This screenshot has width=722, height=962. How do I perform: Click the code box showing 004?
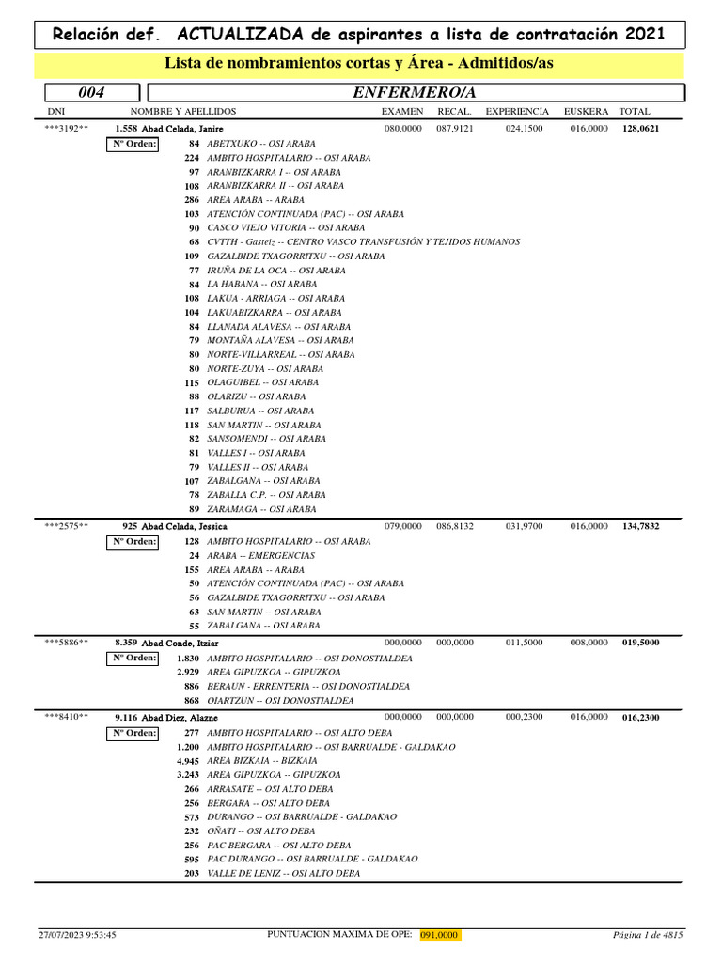click(90, 92)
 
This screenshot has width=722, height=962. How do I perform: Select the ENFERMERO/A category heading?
click(414, 92)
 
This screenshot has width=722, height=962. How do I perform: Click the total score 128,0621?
click(641, 129)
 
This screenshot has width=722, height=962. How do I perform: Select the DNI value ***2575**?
click(67, 527)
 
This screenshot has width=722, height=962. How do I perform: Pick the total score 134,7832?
click(641, 527)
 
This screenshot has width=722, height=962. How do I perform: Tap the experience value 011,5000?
click(524, 643)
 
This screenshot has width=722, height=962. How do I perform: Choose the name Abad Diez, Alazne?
click(180, 717)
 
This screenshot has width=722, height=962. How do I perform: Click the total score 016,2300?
click(641, 717)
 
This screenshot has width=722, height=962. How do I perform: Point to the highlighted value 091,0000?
click(439, 935)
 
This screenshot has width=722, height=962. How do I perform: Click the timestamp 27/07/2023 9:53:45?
click(77, 935)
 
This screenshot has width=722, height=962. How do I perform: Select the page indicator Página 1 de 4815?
click(647, 935)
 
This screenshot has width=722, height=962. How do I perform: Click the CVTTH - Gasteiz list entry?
click(363, 241)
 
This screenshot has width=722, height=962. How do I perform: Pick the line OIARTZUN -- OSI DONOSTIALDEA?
click(280, 700)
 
